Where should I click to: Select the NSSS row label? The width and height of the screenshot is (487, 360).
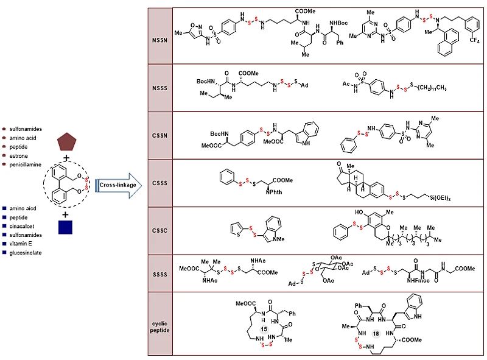pyautogui.click(x=160, y=88)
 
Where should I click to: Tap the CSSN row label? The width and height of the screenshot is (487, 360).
pyautogui.click(x=160, y=135)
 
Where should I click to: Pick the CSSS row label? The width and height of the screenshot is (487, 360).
pyautogui.click(x=160, y=183)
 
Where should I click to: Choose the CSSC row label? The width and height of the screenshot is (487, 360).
pyautogui.click(x=160, y=230)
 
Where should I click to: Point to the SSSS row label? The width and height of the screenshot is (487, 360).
pyautogui.click(x=160, y=274)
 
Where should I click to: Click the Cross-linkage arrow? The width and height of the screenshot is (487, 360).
pyautogui.click(x=116, y=185)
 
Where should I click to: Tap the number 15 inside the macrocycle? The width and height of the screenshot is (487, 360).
pyautogui.click(x=264, y=329)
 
